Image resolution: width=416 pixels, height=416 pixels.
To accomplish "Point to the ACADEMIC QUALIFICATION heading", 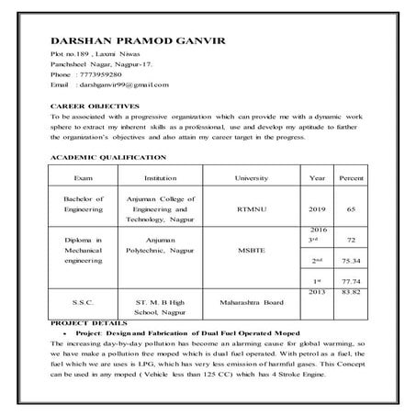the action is coord(107,159).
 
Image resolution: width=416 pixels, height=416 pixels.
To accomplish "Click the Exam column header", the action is coord(83,176).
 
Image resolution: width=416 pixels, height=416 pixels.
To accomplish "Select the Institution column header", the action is coord(161,176).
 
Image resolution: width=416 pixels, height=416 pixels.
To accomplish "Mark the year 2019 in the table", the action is coord(318,208).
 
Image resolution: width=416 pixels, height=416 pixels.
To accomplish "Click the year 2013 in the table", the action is coord(318,292).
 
